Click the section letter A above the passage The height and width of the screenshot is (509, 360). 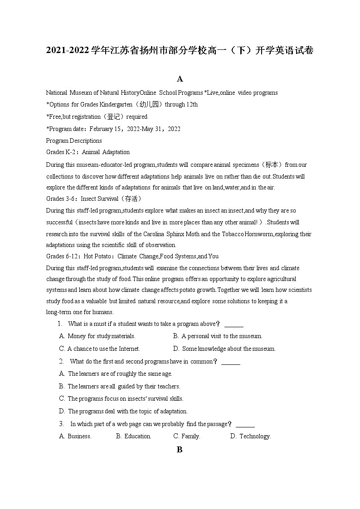point(180,79)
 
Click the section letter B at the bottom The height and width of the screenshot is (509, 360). point(180,450)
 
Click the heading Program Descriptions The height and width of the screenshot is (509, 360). point(74,141)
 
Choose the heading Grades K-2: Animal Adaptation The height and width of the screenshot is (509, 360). point(88,152)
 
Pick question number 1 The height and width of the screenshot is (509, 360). point(59,324)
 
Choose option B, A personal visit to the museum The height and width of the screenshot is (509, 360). point(218,336)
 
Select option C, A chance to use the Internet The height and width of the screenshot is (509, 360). point(99,349)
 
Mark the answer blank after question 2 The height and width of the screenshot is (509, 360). point(231,362)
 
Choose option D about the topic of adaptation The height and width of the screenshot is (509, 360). point(123,411)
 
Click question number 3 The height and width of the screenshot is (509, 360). point(61,424)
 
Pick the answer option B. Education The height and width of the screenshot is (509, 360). point(133,436)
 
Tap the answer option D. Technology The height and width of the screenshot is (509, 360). point(250,436)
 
